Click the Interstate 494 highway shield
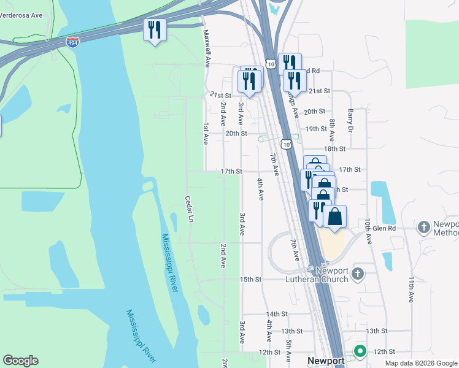click(x=72, y=42)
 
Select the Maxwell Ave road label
click(x=207, y=48)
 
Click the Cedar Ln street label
click(x=190, y=209)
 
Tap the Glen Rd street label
click(x=385, y=228)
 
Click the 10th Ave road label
click(x=368, y=229)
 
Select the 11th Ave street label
click(x=411, y=288)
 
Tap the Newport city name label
click(x=326, y=361)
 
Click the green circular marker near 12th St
click(x=360, y=351)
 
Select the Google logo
click(x=20, y=361)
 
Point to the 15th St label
click(x=250, y=279)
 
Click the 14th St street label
click(x=277, y=313)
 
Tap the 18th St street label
click(x=335, y=148)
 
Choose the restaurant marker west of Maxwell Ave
click(x=155, y=29)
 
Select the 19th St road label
click(x=316, y=129)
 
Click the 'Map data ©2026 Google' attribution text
click(x=420, y=363)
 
